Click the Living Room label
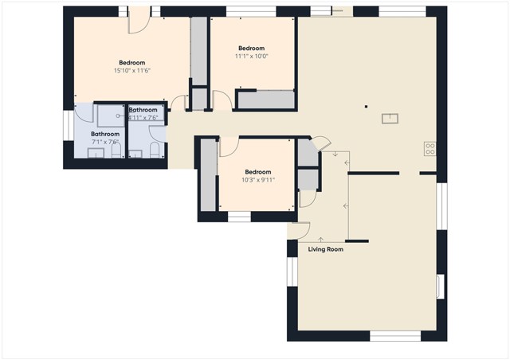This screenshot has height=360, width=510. pyautogui.click(x=325, y=249)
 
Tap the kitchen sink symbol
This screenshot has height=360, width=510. pyautogui.click(x=390, y=119)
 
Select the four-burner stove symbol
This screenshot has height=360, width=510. pyautogui.click(x=430, y=147)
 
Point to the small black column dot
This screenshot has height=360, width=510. pyautogui.click(x=366, y=106)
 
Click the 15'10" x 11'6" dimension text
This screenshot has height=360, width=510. pyautogui.click(x=131, y=71)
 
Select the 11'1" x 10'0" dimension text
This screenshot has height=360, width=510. pyautogui.click(x=251, y=57)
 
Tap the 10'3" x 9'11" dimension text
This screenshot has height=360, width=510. pyautogui.click(x=257, y=180)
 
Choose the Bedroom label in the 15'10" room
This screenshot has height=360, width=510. pyautogui.click(x=131, y=63)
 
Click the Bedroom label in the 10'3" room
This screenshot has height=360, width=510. pyautogui.click(x=257, y=172)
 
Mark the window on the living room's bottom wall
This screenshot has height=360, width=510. pyautogui.click(x=395, y=337)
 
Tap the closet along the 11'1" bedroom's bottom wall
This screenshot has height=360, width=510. pyautogui.click(x=265, y=100)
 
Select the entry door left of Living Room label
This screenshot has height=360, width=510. pyautogui.click(x=300, y=230)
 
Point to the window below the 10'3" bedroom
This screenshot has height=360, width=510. pyautogui.click(x=239, y=216)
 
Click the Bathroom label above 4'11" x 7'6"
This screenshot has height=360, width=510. pyautogui.click(x=143, y=110)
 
